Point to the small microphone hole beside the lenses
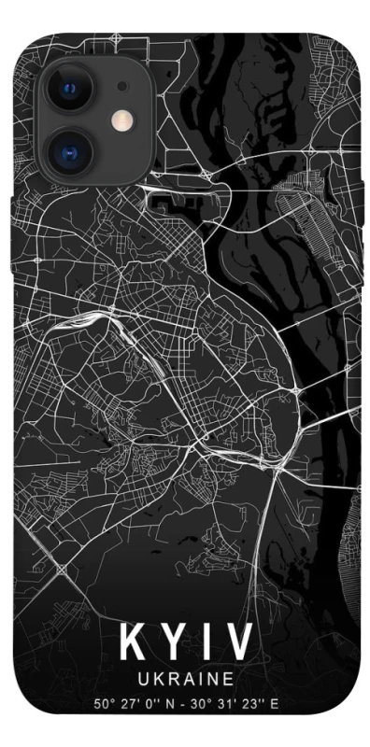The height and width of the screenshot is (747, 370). click(121, 87)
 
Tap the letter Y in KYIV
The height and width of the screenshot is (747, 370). click(168, 643)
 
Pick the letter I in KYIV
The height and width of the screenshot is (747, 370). click(201, 643)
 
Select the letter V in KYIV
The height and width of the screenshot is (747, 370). click(236, 643)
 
